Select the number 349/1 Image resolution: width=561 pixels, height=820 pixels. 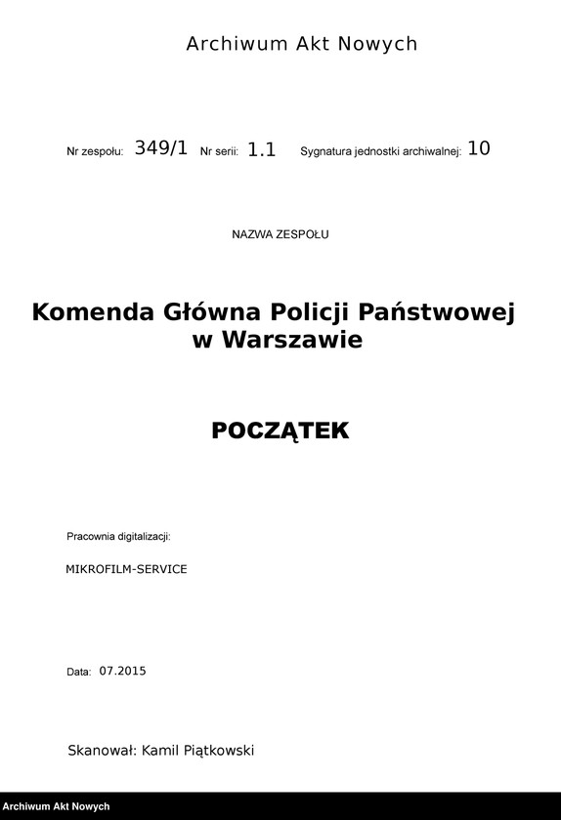160,148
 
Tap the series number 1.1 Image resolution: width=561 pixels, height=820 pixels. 262,149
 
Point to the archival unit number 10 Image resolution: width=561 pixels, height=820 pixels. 479,148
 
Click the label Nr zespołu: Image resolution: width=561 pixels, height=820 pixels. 95,152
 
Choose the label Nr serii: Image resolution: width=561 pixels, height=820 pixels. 219,152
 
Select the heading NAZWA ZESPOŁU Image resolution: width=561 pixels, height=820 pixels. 280,234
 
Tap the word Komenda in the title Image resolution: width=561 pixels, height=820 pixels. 93,312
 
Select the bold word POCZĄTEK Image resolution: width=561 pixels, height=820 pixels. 280,430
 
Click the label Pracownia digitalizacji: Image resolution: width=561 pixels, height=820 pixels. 118,537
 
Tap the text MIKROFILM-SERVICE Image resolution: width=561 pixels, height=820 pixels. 126,568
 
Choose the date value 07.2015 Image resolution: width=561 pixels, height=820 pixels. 122,671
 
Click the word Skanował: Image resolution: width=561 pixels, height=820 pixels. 102,751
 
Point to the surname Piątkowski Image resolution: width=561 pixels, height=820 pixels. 213,751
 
